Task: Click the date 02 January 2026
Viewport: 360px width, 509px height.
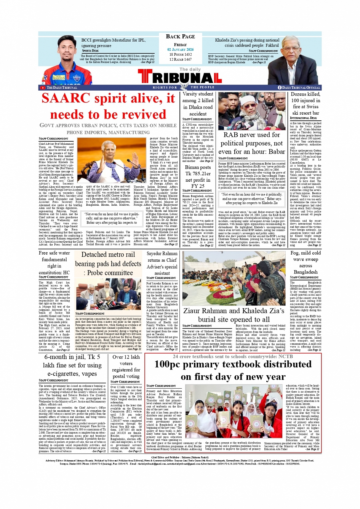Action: [x=180, y=50]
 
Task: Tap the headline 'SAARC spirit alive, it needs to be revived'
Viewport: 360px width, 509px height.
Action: [x=108, y=106]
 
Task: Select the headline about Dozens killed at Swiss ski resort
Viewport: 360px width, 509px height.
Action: [x=305, y=103]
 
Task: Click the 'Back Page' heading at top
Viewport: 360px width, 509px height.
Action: [x=180, y=37]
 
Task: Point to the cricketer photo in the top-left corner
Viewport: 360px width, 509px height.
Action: [x=61, y=61]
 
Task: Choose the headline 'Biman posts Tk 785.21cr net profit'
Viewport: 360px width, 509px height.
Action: [x=198, y=176]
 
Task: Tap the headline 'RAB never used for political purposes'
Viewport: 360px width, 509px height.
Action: [x=252, y=143]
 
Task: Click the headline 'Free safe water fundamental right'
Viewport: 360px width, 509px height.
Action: [x=54, y=263]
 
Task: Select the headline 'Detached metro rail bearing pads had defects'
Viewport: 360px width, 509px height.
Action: [x=108, y=264]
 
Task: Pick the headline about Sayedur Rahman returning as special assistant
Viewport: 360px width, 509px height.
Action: [x=162, y=263]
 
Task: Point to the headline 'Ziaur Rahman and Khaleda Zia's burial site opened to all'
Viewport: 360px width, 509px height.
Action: [x=234, y=315]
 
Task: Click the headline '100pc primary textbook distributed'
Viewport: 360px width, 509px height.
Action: [x=233, y=370]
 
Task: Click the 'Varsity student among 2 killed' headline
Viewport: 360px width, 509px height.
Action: [x=198, y=104]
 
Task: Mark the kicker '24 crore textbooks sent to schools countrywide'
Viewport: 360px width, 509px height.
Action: [x=233, y=357]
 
